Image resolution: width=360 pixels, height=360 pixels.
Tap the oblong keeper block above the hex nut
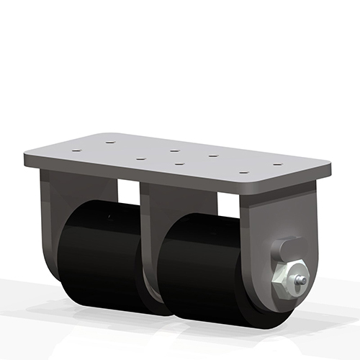pos(285,251)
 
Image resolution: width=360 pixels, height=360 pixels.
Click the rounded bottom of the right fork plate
pos(288,302)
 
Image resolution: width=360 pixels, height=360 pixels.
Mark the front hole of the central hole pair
pos(179,164)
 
